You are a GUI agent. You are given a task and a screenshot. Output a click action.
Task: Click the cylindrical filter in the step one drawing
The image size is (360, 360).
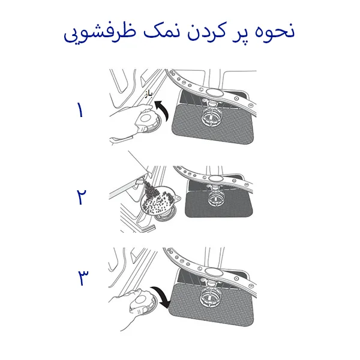click(214, 114)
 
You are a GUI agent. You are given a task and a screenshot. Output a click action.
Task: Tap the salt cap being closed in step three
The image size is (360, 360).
click(144, 302)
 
